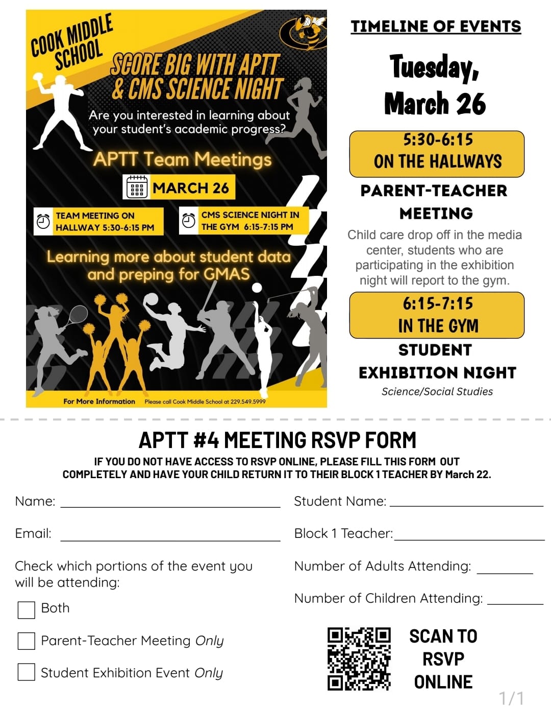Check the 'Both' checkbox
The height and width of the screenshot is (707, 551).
pos(26,609)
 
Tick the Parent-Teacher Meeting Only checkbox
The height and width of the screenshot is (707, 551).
pos(26,641)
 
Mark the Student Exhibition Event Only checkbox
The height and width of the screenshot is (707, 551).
pos(26,672)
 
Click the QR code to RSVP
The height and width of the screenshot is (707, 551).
pos(359,659)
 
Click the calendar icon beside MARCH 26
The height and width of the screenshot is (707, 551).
pos(137,187)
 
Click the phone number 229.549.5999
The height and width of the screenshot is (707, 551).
pos(248,402)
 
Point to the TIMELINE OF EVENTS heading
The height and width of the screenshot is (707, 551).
pos(436,27)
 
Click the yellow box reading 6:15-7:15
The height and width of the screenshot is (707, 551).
pos(437,315)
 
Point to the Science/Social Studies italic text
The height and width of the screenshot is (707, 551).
pos(437,391)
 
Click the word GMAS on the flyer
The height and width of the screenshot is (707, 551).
pos(226,274)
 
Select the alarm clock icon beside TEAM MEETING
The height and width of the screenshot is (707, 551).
pos(43,221)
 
